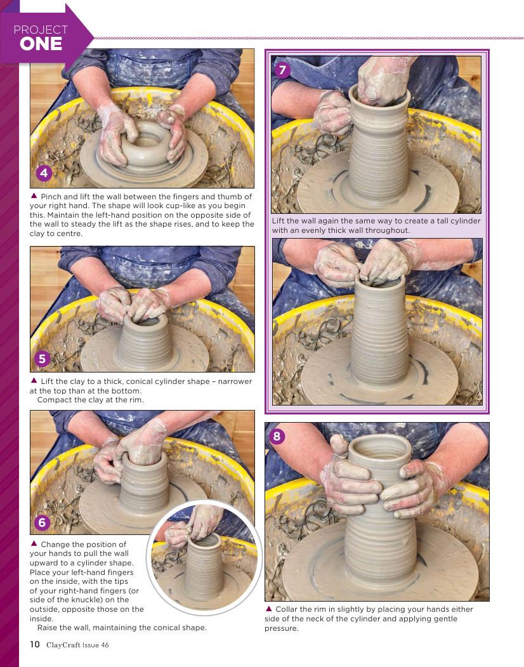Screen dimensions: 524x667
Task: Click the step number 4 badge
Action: point(44,173)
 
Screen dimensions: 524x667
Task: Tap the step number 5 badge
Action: point(42,359)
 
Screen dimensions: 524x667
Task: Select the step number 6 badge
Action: point(42,522)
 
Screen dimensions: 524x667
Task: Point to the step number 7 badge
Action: point(282,69)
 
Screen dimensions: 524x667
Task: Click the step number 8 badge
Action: point(277,436)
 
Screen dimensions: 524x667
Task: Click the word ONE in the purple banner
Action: point(41,44)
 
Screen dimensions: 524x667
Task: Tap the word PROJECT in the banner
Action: point(41,29)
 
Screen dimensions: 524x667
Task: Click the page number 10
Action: point(34,644)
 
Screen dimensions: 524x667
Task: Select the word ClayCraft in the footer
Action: point(63,645)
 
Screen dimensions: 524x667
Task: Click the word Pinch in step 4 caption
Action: point(51,197)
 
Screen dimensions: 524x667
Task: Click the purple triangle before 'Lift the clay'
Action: point(34,381)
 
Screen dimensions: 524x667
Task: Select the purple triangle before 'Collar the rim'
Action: point(268,609)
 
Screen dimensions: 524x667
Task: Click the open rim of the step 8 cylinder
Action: point(379,447)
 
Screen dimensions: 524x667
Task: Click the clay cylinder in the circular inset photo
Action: point(204,565)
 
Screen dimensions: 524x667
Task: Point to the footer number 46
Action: point(104,645)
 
